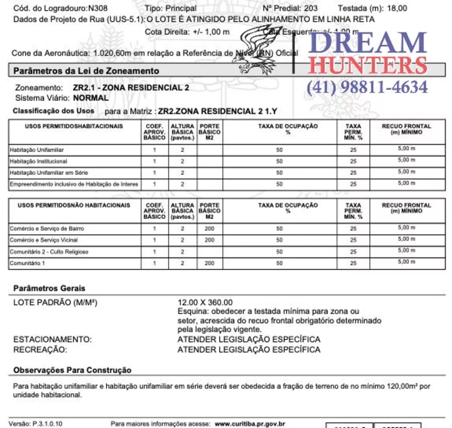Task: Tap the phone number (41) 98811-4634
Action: point(367,87)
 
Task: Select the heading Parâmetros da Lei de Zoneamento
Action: point(86,71)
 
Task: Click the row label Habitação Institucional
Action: point(38,161)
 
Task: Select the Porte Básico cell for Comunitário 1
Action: point(209,263)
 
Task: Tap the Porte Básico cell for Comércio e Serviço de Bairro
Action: point(209,228)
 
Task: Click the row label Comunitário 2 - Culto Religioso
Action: point(49,252)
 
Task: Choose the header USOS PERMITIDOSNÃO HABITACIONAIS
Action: point(74,205)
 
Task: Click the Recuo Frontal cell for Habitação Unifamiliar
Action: point(406,149)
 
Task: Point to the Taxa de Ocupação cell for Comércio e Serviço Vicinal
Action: point(279,240)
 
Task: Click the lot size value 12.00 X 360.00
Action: point(205,302)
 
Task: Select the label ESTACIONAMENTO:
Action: point(52,339)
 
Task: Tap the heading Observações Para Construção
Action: point(72,370)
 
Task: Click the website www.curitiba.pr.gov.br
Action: point(250,424)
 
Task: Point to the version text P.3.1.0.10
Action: point(47,424)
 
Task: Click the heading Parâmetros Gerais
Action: point(49,288)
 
